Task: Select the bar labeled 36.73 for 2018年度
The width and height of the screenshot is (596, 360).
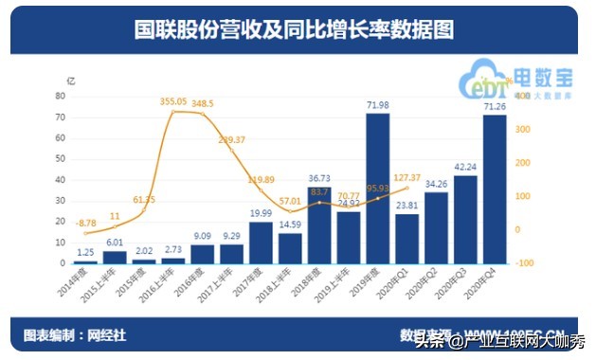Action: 319,225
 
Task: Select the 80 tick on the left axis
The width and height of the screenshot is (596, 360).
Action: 60,97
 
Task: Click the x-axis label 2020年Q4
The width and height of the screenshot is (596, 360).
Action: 488,283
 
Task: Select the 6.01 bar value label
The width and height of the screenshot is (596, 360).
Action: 115,243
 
